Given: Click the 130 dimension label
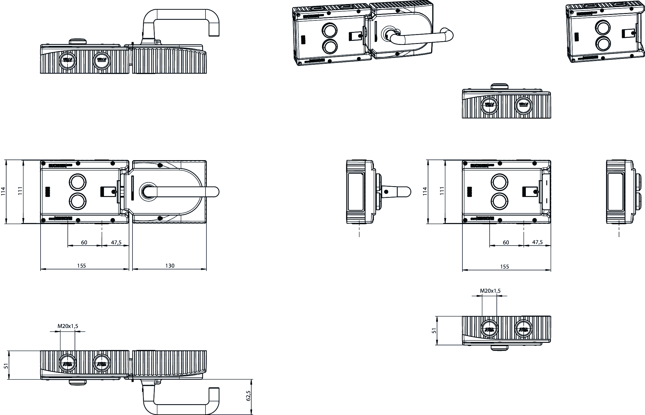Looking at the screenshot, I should pos(170,265).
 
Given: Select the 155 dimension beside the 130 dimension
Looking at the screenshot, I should pos(81,265).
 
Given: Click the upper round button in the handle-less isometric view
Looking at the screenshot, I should pos(603,28).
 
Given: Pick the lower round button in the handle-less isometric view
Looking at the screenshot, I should pos(602,43).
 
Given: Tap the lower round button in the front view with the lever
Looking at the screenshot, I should pos(76,201).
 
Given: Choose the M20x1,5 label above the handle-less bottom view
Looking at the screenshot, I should pos(490,291).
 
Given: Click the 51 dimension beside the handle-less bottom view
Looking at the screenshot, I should pos(434,330).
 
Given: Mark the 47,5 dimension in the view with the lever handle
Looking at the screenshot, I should pos(116,242).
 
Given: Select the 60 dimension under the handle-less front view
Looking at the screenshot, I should pos(506,242).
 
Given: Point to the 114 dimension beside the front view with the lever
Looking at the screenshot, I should pos(3,191).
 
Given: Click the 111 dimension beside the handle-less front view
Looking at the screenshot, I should pos(442,191).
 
